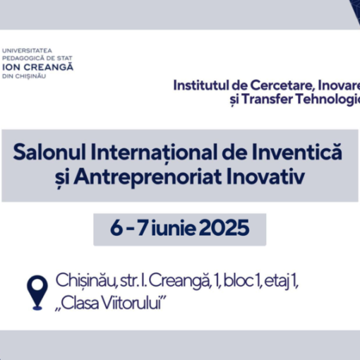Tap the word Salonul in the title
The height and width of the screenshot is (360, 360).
coord(49,152)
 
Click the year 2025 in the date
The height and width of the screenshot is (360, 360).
coord(224,227)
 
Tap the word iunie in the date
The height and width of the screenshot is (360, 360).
coord(174,227)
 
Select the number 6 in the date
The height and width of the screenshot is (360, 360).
coord(116,227)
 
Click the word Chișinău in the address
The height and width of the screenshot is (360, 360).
coord(85,280)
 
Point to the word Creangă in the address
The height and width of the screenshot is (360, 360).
coord(179,280)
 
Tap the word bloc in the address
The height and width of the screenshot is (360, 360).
coord(238,280)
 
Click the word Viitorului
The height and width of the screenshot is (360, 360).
coord(133,303)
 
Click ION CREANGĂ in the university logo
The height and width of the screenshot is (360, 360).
coord(37,67)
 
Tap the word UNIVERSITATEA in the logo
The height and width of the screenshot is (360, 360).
coord(27,51)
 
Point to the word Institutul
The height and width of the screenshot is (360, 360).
coord(201,85)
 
